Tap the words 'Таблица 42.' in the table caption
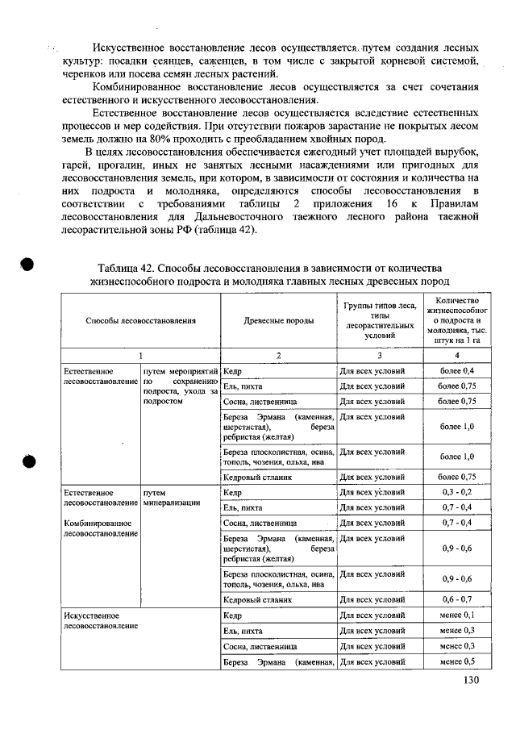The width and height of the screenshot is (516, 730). (x=127, y=268)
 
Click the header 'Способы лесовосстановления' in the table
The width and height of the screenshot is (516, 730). (x=141, y=320)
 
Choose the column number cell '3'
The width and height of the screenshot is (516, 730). (x=379, y=354)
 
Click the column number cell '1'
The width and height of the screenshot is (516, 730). (x=141, y=354)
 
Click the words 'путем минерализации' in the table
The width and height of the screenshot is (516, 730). (x=170, y=496)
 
